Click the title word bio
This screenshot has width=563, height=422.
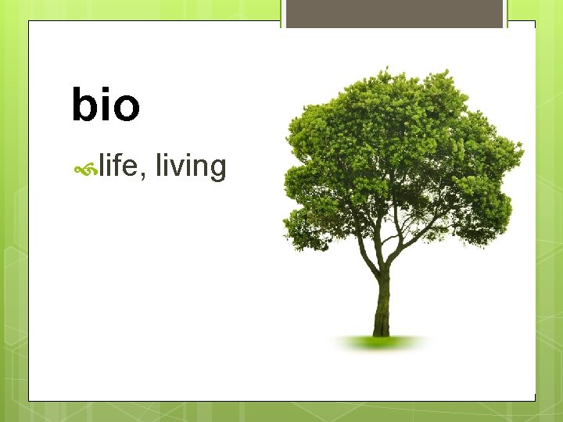click(x=106, y=105)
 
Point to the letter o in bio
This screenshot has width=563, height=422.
click(x=126, y=109)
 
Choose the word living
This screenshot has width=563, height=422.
click(x=191, y=167)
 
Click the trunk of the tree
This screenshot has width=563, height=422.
click(x=382, y=301)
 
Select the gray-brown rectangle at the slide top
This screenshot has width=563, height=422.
click(x=394, y=14)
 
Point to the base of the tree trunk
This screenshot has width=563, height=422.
click(x=382, y=331)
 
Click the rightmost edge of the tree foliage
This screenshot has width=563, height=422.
click(x=522, y=148)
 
